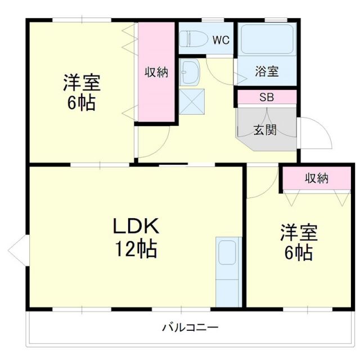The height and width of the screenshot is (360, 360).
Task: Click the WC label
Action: [220, 39]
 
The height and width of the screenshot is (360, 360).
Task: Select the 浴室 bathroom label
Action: [266, 71]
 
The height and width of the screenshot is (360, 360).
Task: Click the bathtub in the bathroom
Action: [266, 39]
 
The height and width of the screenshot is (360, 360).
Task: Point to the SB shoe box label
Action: [266, 97]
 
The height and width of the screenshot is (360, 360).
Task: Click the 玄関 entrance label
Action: [264, 130]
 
